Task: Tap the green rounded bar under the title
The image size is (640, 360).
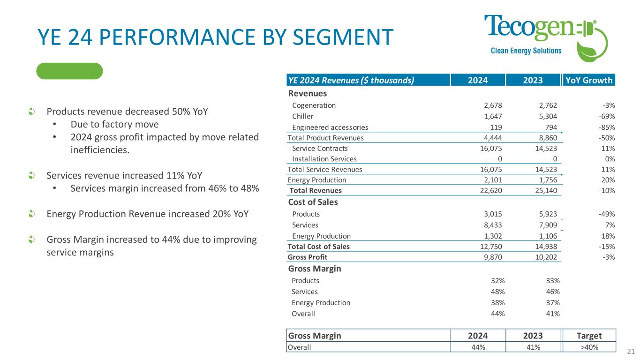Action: pos(69,71)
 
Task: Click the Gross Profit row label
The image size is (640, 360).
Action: pos(308,257)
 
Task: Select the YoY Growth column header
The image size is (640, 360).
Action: pos(589,80)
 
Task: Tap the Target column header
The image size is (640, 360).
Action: pos(589,336)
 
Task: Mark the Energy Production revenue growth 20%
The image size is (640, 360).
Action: pos(608,180)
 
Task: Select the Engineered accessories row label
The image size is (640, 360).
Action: pos(330,127)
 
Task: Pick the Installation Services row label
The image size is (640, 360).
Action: pos(324,159)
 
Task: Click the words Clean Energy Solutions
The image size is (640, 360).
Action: pos(519,51)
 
